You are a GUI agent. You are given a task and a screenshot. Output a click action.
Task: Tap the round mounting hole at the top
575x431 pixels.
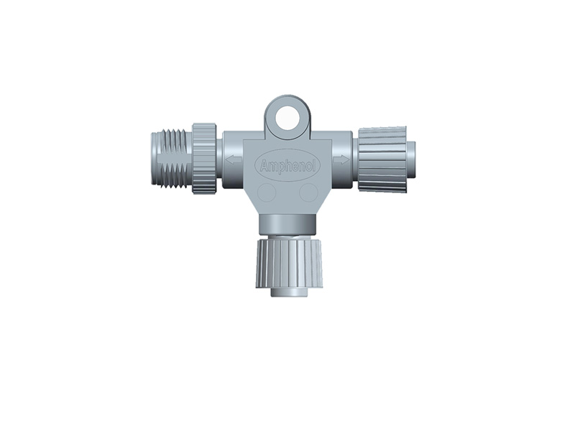[287, 117]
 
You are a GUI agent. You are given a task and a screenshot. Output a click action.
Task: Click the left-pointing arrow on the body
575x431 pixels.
[234, 159]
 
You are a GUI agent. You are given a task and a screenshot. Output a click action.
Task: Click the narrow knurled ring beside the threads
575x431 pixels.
[204, 159]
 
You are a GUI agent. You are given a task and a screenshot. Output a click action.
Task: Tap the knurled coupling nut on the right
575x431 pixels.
[382, 159]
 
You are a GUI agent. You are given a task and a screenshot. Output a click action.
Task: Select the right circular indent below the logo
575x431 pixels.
[308, 193]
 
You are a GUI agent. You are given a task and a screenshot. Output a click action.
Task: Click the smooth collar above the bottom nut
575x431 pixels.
[287, 223]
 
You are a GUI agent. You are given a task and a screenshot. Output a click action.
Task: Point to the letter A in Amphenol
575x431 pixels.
[262, 167]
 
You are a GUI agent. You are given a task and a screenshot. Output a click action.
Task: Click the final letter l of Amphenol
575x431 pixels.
[314, 167]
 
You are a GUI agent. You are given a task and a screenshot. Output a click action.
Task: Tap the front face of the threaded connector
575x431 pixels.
[156, 159]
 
